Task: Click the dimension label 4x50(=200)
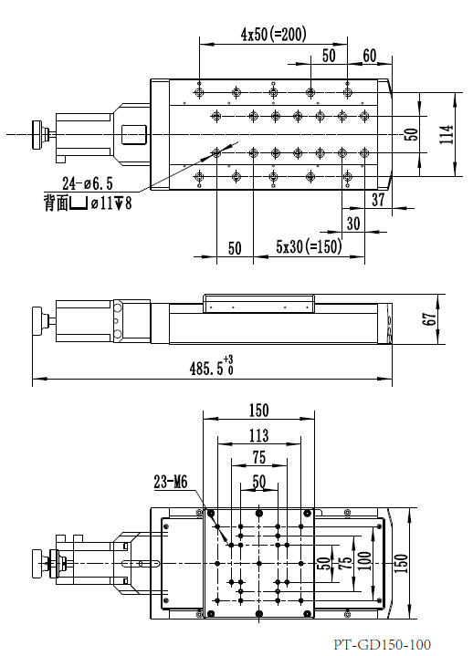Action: click(x=273, y=34)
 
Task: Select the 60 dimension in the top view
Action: click(x=370, y=56)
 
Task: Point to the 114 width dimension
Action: click(x=445, y=134)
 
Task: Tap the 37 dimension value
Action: click(x=379, y=200)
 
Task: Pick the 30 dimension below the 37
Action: click(x=352, y=224)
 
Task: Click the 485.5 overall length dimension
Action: click(x=211, y=368)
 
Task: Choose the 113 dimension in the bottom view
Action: click(x=258, y=435)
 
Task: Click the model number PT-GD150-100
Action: click(x=382, y=644)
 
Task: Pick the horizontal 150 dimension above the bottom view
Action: click(x=258, y=411)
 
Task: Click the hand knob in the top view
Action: click(x=39, y=134)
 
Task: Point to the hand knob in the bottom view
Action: click(x=38, y=562)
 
